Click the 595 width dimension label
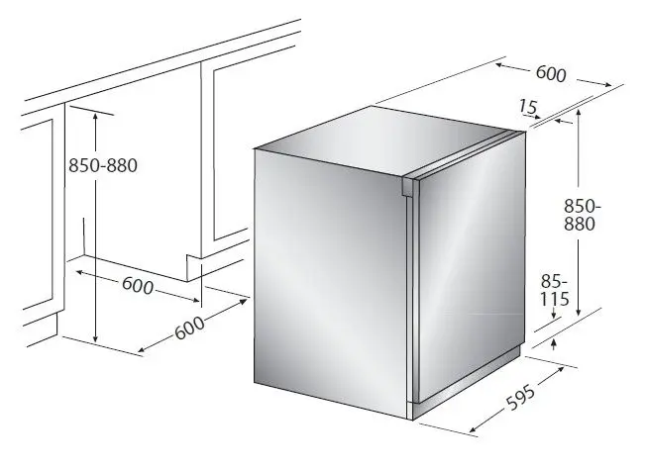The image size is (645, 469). pos(521,397)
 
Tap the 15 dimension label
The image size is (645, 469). pos(527,107)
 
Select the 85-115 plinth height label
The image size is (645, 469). pos(554,291)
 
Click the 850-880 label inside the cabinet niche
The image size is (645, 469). pos(103,165)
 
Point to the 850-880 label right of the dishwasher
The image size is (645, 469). pos(582,215)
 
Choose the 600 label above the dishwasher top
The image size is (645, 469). pos(551,73)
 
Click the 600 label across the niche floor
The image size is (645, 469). pos(138,285)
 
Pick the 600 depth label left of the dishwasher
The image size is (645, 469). pos(189,328)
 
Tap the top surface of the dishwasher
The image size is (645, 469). pos(382,140)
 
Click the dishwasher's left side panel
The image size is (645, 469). pos(330,280)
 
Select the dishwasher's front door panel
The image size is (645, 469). pos(469,267)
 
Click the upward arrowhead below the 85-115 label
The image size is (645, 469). pos(554,342)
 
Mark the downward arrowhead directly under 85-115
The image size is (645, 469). pos(554,315)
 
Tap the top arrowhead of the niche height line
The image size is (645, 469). pos(95,116)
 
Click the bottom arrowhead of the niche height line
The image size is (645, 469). pos(95,338)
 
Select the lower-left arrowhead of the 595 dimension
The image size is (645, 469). pos(473,429)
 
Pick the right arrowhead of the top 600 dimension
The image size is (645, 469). pos(607,85)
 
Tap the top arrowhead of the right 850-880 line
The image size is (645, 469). pos(579,112)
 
